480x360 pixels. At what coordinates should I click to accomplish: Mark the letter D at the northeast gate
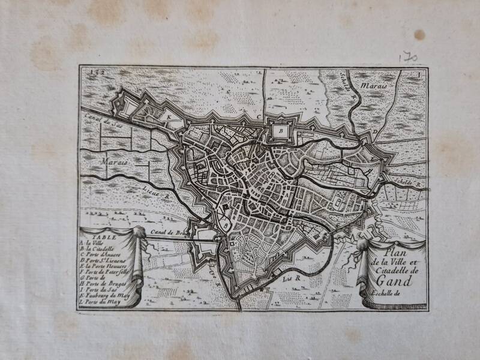coord(374,131)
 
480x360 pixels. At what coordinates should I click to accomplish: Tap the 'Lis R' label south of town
coord(290,278)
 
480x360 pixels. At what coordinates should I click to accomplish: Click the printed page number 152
coord(91,73)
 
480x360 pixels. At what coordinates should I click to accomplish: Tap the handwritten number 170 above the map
coord(409,56)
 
